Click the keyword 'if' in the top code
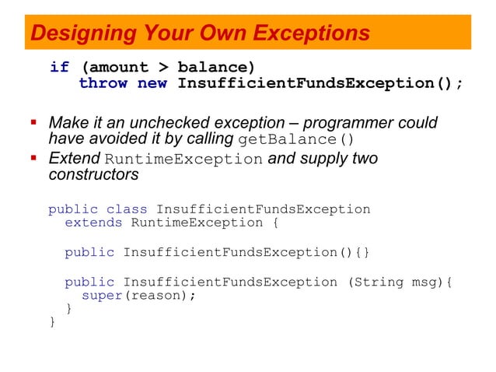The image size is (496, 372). coord(59,67)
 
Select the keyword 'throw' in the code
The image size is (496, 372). coord(103,83)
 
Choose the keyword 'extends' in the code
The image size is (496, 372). coord(93,223)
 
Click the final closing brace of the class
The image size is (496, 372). coord(52,322)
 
